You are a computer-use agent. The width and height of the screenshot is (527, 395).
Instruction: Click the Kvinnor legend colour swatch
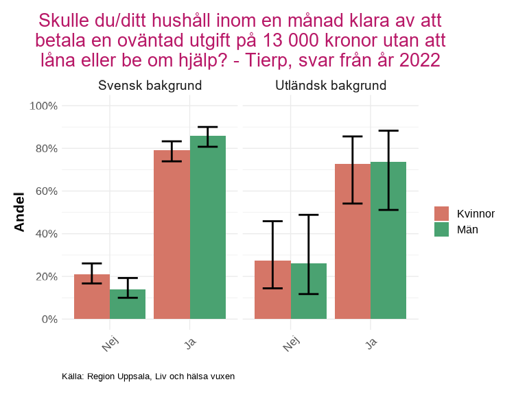[x=441, y=213]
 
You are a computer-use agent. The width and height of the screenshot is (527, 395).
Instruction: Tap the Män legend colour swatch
[x=441, y=230]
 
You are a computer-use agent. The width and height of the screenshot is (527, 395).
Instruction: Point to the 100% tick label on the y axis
[x=43, y=106]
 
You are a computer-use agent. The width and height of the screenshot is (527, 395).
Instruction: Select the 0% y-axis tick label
[x=49, y=319]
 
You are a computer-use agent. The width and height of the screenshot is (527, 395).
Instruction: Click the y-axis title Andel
[x=20, y=212]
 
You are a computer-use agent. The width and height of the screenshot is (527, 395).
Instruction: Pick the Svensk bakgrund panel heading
[x=150, y=86]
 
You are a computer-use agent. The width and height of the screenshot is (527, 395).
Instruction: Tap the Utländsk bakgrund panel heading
[x=331, y=86]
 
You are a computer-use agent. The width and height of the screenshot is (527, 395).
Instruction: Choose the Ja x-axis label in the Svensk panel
[x=191, y=341]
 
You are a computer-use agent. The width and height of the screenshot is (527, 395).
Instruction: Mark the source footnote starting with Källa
[x=148, y=376]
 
